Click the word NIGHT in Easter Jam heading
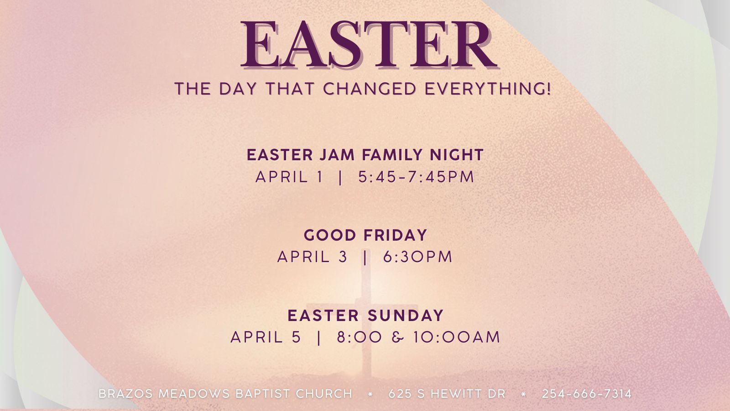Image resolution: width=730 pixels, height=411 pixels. [x=456, y=155]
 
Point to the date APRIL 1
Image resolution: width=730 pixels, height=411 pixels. [x=289, y=177]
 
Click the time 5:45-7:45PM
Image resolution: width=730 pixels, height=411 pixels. [x=416, y=177]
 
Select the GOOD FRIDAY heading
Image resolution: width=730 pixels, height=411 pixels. [x=365, y=236]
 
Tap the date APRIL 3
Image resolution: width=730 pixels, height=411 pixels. [x=312, y=257]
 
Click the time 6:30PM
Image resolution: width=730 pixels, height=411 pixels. [x=417, y=257]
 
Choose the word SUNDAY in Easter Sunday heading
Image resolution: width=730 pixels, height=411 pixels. [x=405, y=316]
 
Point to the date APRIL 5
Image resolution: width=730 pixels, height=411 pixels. [x=266, y=337]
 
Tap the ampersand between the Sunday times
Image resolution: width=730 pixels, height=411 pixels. [x=398, y=337]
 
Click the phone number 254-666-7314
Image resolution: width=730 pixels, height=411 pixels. [x=587, y=394]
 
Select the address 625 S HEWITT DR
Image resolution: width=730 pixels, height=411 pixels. [x=447, y=394]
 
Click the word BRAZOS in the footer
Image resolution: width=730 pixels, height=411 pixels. [x=126, y=394]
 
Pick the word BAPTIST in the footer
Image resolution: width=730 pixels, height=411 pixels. [x=262, y=394]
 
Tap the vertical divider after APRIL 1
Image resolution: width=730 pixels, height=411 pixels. [x=340, y=177]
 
